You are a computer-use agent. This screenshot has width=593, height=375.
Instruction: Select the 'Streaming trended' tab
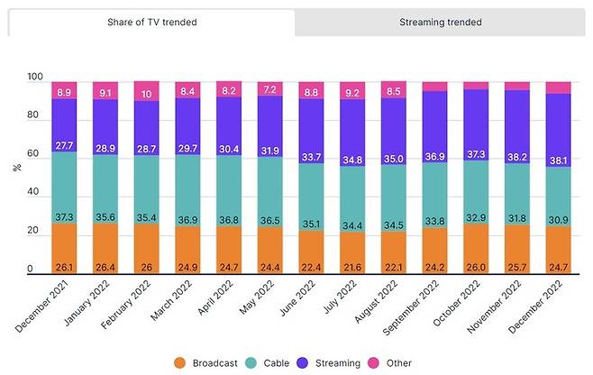pyautogui.click(x=440, y=22)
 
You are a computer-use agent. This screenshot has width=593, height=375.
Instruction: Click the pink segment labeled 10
pyautogui.click(x=147, y=94)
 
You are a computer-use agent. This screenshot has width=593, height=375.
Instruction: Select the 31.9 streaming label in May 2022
pyautogui.click(x=269, y=151)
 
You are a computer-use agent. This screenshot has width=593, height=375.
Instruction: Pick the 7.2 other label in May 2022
pyautogui.click(x=269, y=91)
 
